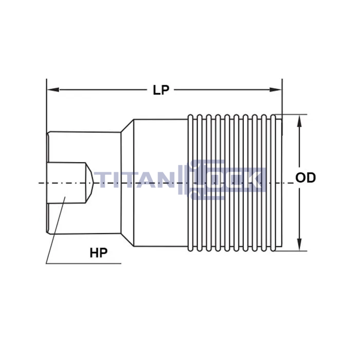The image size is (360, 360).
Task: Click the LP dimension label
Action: point(161,90)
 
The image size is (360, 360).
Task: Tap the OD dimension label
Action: point(305,177)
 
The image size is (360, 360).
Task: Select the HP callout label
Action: point(99,253)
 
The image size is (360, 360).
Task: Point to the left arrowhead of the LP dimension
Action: point(53,89)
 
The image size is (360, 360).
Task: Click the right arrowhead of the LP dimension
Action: point(276,89)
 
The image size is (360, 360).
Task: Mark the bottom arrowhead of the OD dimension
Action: point(299,244)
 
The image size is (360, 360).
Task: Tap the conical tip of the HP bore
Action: point(89,183)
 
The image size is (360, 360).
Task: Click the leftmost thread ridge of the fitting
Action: point(190,183)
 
